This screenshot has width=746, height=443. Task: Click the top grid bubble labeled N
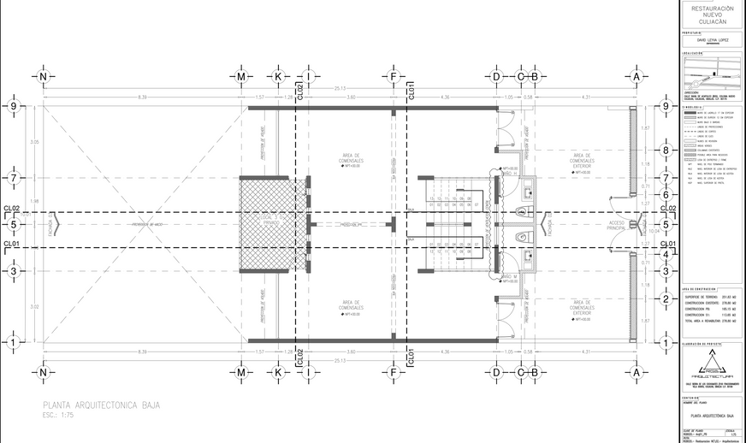click(x=43, y=76)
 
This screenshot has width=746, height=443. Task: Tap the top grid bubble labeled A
click(x=636, y=76)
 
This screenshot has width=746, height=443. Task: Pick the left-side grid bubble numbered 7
click(x=14, y=179)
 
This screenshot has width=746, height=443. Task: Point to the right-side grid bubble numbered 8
click(x=666, y=151)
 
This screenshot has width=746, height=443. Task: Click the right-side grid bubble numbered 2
click(x=666, y=299)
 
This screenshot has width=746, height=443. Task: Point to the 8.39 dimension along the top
click(x=141, y=97)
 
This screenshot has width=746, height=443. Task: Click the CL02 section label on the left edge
click(x=12, y=208)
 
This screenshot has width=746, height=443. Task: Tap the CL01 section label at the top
click(x=411, y=90)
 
